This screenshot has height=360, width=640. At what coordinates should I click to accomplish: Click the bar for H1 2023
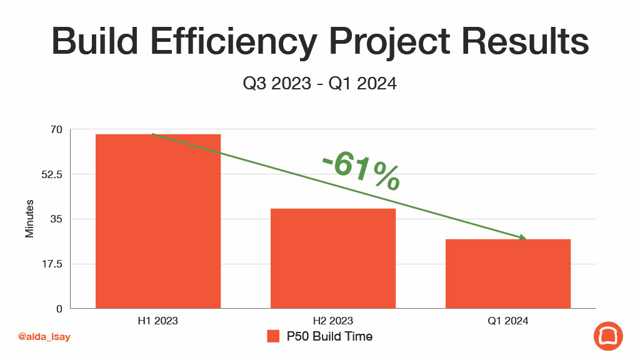(x=158, y=221)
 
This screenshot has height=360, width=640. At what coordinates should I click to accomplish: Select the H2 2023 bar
(x=333, y=258)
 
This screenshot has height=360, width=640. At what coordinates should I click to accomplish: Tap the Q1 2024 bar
(x=507, y=274)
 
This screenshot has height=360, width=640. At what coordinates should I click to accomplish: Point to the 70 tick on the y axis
(x=56, y=130)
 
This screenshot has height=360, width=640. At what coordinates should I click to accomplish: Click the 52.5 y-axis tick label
(x=52, y=175)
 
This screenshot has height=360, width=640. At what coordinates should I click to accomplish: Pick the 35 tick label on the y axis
(x=56, y=219)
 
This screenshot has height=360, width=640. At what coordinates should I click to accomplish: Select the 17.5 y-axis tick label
(x=52, y=264)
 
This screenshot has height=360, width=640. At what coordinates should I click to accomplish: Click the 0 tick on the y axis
(x=59, y=309)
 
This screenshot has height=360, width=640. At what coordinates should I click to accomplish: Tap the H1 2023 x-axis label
(x=158, y=321)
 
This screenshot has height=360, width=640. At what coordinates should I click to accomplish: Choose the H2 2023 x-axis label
(x=333, y=321)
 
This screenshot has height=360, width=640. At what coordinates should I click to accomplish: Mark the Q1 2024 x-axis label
(x=507, y=321)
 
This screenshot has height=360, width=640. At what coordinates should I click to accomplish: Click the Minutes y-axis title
(x=29, y=219)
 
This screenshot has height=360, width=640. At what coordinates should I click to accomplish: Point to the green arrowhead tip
(x=526, y=239)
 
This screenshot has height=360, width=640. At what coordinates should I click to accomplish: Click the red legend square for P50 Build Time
(x=273, y=336)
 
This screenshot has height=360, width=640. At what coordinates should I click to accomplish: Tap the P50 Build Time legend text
(x=330, y=336)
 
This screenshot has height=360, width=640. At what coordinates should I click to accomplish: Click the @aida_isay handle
(x=44, y=337)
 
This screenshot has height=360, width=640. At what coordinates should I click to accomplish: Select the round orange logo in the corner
(x=608, y=336)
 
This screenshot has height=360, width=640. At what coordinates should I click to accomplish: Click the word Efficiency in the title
(x=234, y=41)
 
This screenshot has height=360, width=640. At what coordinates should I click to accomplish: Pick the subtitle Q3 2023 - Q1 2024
(x=319, y=84)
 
